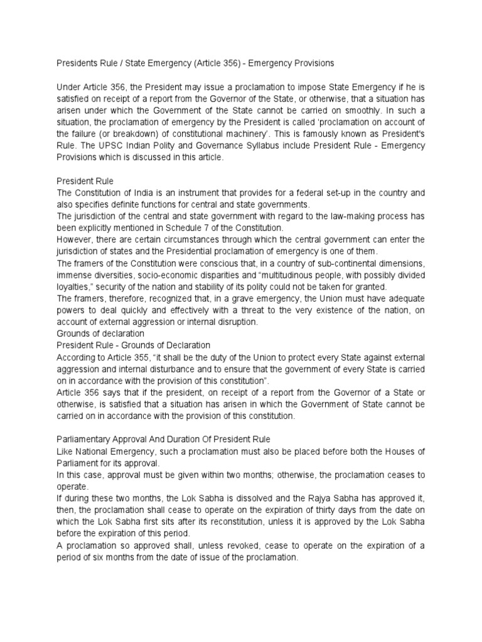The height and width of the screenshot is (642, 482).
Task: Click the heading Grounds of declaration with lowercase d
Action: coord(100,334)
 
